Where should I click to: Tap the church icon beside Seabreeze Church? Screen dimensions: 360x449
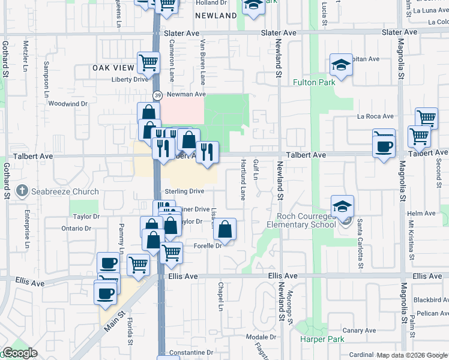(22, 191)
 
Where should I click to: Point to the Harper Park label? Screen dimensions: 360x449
(322, 340)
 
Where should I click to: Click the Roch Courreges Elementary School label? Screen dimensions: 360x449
(306, 220)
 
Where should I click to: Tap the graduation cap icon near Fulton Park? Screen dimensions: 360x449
(341, 65)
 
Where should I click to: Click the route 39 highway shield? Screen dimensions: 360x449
(157, 95)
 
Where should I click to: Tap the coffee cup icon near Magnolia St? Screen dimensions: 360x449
(384, 145)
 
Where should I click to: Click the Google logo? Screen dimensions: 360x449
(20, 353)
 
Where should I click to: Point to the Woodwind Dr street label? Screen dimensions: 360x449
(68, 103)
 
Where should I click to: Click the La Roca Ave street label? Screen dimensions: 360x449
(375, 116)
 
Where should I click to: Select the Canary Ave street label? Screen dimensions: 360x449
(359, 331)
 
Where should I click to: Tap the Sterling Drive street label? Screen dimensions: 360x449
(185, 191)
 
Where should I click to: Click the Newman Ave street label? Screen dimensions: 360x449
(186, 94)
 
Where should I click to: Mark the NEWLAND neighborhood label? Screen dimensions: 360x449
(217, 16)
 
